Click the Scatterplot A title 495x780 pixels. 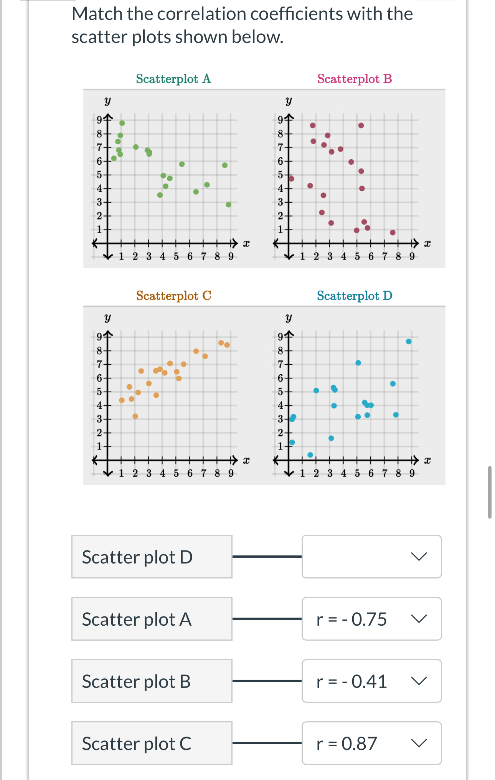[173, 79]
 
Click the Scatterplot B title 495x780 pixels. [355, 79]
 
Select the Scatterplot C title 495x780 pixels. [173, 296]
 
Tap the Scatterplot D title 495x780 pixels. [355, 296]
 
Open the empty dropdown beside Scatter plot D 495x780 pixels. [371, 557]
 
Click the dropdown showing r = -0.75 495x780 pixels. [371, 619]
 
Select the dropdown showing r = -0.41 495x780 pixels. [371, 681]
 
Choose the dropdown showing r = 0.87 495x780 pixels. [371, 743]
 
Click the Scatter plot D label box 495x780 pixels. [152, 557]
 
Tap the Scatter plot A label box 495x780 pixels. [152, 619]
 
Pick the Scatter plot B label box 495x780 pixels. [152, 681]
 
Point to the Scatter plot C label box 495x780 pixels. [152, 743]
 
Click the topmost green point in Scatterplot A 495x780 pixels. [122, 123]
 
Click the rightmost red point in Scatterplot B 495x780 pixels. [393, 233]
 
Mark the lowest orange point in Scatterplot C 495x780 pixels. [135, 416]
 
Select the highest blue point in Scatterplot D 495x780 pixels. [409, 342]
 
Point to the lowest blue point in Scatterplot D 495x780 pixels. [310, 455]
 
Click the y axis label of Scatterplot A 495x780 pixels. [107, 101]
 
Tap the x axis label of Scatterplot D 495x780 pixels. [427, 460]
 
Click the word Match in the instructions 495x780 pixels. [97, 14]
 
